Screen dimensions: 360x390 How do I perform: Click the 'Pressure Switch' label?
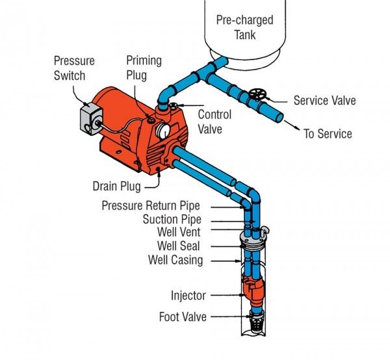(x=73, y=67)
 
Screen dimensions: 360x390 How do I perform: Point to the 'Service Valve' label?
(x=324, y=101)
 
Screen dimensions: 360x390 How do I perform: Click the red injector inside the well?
(x=252, y=292)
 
